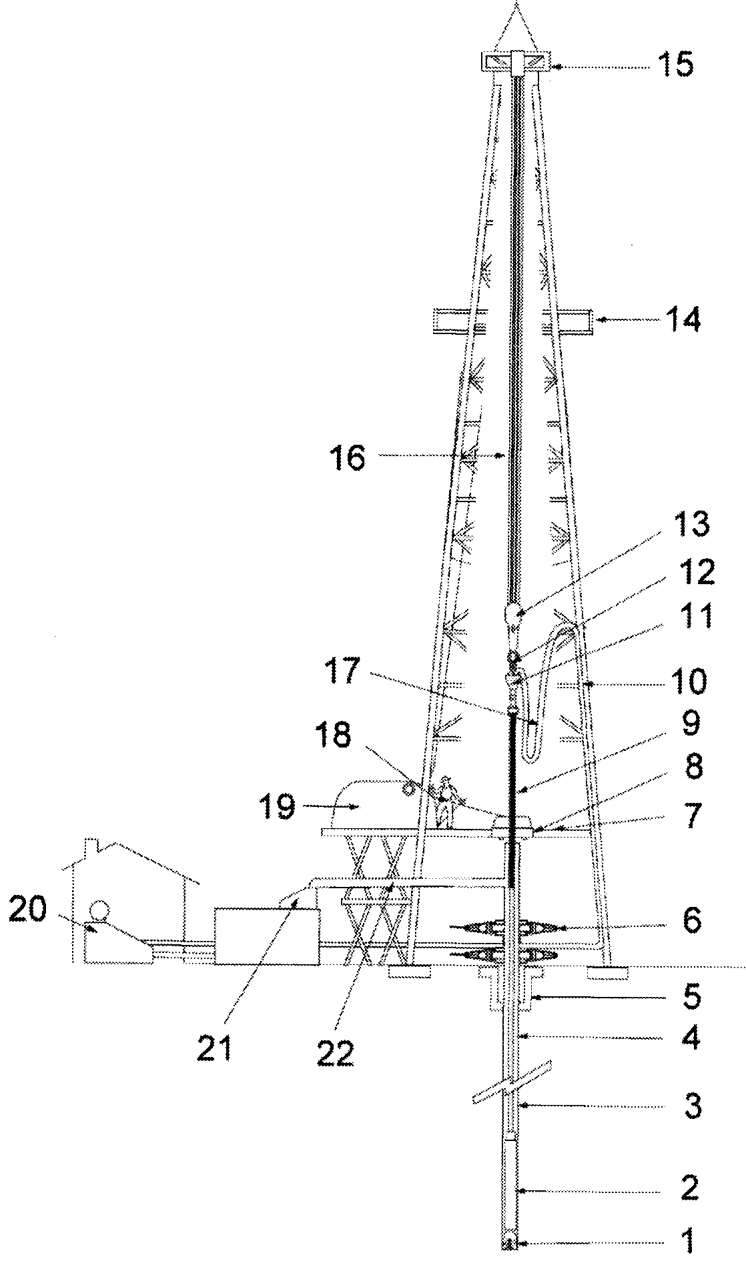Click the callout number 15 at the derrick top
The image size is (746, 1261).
pos(675,66)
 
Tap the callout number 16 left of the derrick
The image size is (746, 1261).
pos(346,458)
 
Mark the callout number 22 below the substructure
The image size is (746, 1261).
pos(335,1054)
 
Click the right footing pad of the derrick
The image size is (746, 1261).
pos(607,973)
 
